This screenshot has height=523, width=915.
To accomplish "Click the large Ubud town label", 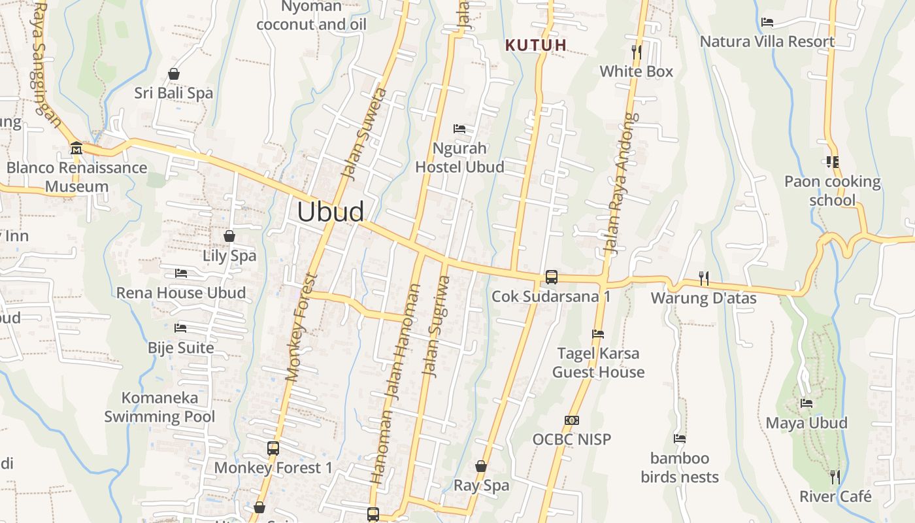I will pyautogui.click(x=330, y=212).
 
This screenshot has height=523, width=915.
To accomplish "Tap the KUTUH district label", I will pyautogui.click(x=536, y=45).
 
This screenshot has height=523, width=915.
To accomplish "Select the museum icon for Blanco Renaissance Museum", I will pyautogui.click(x=76, y=148).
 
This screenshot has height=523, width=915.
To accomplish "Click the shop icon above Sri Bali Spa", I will pyautogui.click(x=174, y=74).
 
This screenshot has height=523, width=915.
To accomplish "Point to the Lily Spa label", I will pyautogui.click(x=229, y=256).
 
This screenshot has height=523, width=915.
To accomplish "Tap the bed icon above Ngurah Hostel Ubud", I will pyautogui.click(x=459, y=129).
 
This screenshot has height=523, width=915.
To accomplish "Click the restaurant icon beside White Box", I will pyautogui.click(x=637, y=52).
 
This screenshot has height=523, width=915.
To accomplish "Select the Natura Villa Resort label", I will pyautogui.click(x=767, y=42).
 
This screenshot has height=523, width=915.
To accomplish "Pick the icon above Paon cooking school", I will pyautogui.click(x=832, y=161).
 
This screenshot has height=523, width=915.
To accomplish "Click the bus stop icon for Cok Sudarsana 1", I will pyautogui.click(x=551, y=277).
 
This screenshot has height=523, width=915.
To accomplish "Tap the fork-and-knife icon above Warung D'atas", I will pyautogui.click(x=703, y=278).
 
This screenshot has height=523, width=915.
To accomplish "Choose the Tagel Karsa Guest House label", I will pyautogui.click(x=598, y=363).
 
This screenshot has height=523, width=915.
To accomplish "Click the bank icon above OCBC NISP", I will pyautogui.click(x=571, y=420).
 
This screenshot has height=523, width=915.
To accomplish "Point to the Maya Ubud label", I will pyautogui.click(x=807, y=423).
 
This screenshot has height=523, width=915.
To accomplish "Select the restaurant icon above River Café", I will pyautogui.click(x=835, y=477).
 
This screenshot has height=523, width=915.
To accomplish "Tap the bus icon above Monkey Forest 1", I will pyautogui.click(x=273, y=448).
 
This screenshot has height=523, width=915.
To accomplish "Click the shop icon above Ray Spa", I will pyautogui.click(x=481, y=466).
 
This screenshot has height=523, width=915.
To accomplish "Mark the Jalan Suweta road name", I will pyautogui.click(x=363, y=133).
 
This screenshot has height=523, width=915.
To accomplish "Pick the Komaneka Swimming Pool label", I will pyautogui.click(x=159, y=407).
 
